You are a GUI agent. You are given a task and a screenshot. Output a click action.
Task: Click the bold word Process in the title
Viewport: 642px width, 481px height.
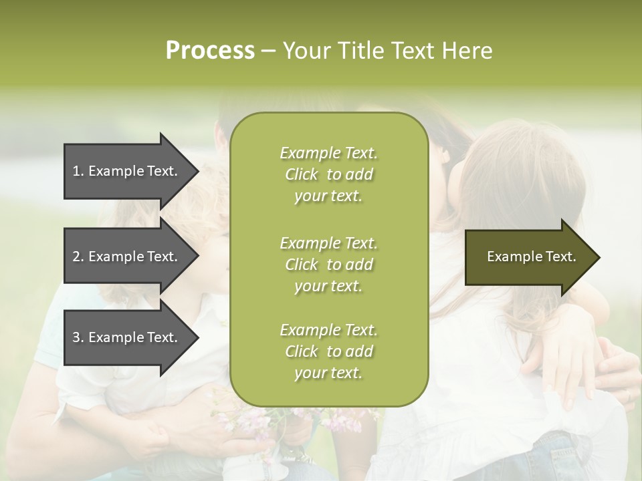(x=210, y=51)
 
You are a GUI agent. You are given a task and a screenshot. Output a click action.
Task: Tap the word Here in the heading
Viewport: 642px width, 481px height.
(x=466, y=51)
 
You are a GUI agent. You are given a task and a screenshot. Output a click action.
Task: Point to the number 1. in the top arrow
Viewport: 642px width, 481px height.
(x=78, y=171)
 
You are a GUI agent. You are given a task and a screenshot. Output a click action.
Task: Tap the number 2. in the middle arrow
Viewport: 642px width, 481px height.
(x=78, y=257)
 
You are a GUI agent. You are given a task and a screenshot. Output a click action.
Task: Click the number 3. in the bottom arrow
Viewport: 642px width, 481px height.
(x=78, y=337)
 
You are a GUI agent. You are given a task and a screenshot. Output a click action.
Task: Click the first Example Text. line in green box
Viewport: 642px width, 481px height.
(x=328, y=153)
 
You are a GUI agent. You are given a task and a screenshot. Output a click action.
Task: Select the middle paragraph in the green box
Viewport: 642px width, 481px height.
(x=328, y=265)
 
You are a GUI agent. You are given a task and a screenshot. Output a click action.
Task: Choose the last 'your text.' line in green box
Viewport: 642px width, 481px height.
(x=328, y=373)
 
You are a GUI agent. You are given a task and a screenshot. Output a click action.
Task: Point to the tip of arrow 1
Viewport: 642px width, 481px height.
(x=197, y=172)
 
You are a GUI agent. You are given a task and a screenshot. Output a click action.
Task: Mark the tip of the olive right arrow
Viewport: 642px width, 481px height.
(x=599, y=257)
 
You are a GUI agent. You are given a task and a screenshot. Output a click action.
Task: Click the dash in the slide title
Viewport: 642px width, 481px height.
(x=269, y=51)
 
